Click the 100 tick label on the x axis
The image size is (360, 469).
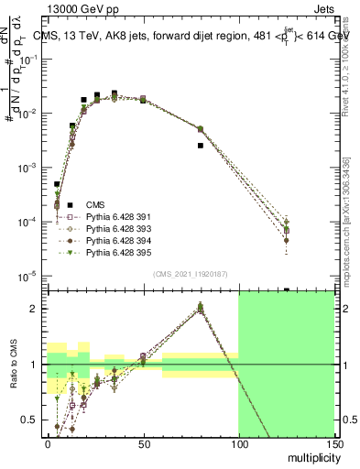pyautogui.click(x=238, y=445)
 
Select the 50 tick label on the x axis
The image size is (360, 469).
pyautogui.click(x=143, y=445)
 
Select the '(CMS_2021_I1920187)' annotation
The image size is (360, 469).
pyautogui.click(x=191, y=273)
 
